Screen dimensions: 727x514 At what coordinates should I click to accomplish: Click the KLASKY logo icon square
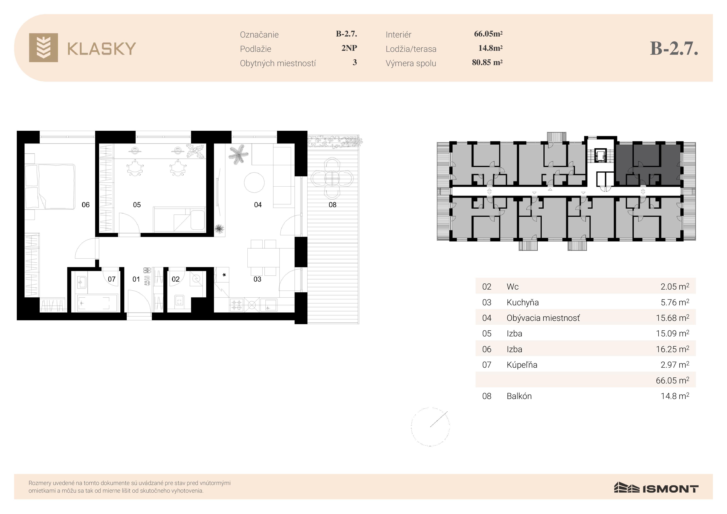coord(43,47)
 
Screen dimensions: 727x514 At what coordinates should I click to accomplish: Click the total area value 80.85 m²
coord(487,62)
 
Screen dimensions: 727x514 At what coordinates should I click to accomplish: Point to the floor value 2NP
coord(349,48)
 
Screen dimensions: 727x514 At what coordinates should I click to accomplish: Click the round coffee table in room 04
coord(254,182)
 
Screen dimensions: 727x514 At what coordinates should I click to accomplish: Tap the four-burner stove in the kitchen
coord(237,305)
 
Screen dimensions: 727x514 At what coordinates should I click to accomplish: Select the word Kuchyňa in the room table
coord(522,302)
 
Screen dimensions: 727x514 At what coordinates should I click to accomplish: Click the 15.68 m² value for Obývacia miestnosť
coord(672,318)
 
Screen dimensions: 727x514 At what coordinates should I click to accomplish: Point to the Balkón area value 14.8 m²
coord(675,396)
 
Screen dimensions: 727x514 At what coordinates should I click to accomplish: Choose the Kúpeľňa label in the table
coord(522,365)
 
